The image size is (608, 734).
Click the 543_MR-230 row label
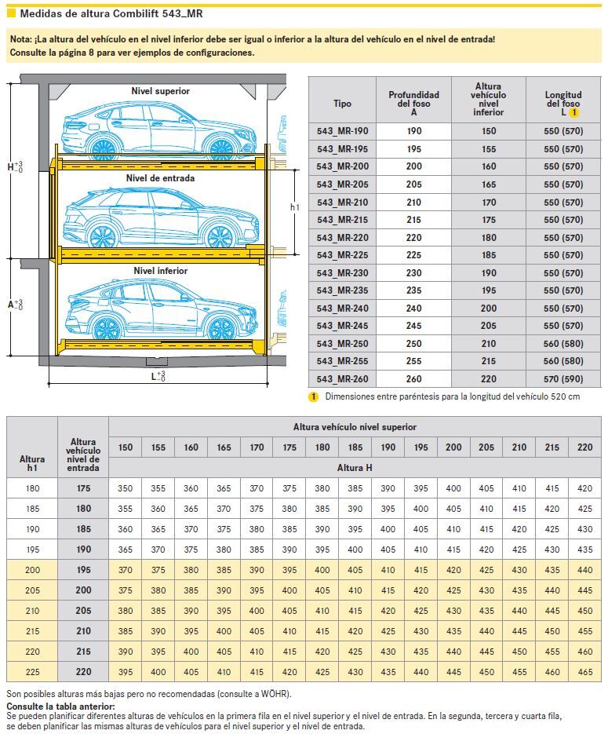click(x=342, y=273)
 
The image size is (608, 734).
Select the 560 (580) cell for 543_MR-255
click(x=563, y=362)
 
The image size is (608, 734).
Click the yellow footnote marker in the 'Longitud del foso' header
click(x=573, y=113)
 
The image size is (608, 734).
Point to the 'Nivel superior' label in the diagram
click(x=160, y=91)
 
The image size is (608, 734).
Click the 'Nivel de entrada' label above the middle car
click(x=160, y=178)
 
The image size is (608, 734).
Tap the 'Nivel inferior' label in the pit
click(x=160, y=271)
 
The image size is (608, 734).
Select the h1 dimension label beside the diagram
click(x=294, y=207)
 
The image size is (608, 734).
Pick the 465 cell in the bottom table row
click(x=584, y=672)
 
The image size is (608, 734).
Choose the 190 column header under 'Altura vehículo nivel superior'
click(x=388, y=447)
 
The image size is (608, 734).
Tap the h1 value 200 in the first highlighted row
click(x=32, y=569)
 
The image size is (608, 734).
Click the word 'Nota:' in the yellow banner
click(x=20, y=38)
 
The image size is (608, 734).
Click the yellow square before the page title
click(x=11, y=13)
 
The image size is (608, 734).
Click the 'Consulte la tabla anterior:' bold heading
click(x=60, y=707)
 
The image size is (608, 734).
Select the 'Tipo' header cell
click(x=342, y=103)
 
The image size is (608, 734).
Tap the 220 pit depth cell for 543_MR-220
click(x=413, y=238)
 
